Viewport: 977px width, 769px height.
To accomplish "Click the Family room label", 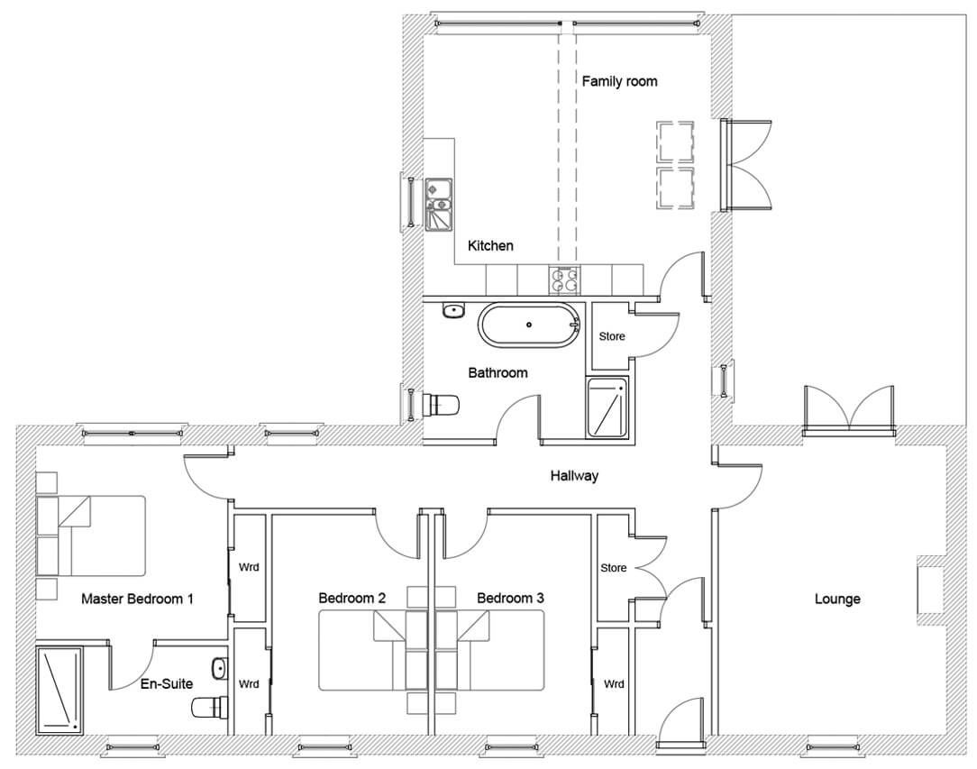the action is coord(619,81).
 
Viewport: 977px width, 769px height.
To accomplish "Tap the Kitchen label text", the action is coord(490,245).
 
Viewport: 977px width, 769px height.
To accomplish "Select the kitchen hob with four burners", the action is coord(564,279).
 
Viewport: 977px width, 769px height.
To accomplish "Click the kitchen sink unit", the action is coord(440,205).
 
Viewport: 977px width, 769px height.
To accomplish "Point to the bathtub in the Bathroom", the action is coord(530,325).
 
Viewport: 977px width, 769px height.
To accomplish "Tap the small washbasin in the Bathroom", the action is coord(454,310).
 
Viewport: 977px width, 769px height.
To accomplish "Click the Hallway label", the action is coord(574,476).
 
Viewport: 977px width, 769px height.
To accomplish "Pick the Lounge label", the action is coord(837,599).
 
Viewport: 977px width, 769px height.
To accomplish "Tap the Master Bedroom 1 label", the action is coord(137,599).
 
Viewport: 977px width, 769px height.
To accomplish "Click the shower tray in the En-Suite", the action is coord(59,690).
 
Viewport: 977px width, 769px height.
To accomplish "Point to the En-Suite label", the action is coord(167,683).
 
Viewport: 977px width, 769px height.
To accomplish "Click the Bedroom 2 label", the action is coord(352,599).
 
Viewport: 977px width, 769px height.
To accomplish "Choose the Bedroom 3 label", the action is coord(510,599).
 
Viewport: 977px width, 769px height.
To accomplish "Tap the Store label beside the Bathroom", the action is coord(612,336).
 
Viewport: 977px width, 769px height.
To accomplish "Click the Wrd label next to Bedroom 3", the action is coord(614,684).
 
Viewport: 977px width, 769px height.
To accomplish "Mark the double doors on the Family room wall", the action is coord(746,164).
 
